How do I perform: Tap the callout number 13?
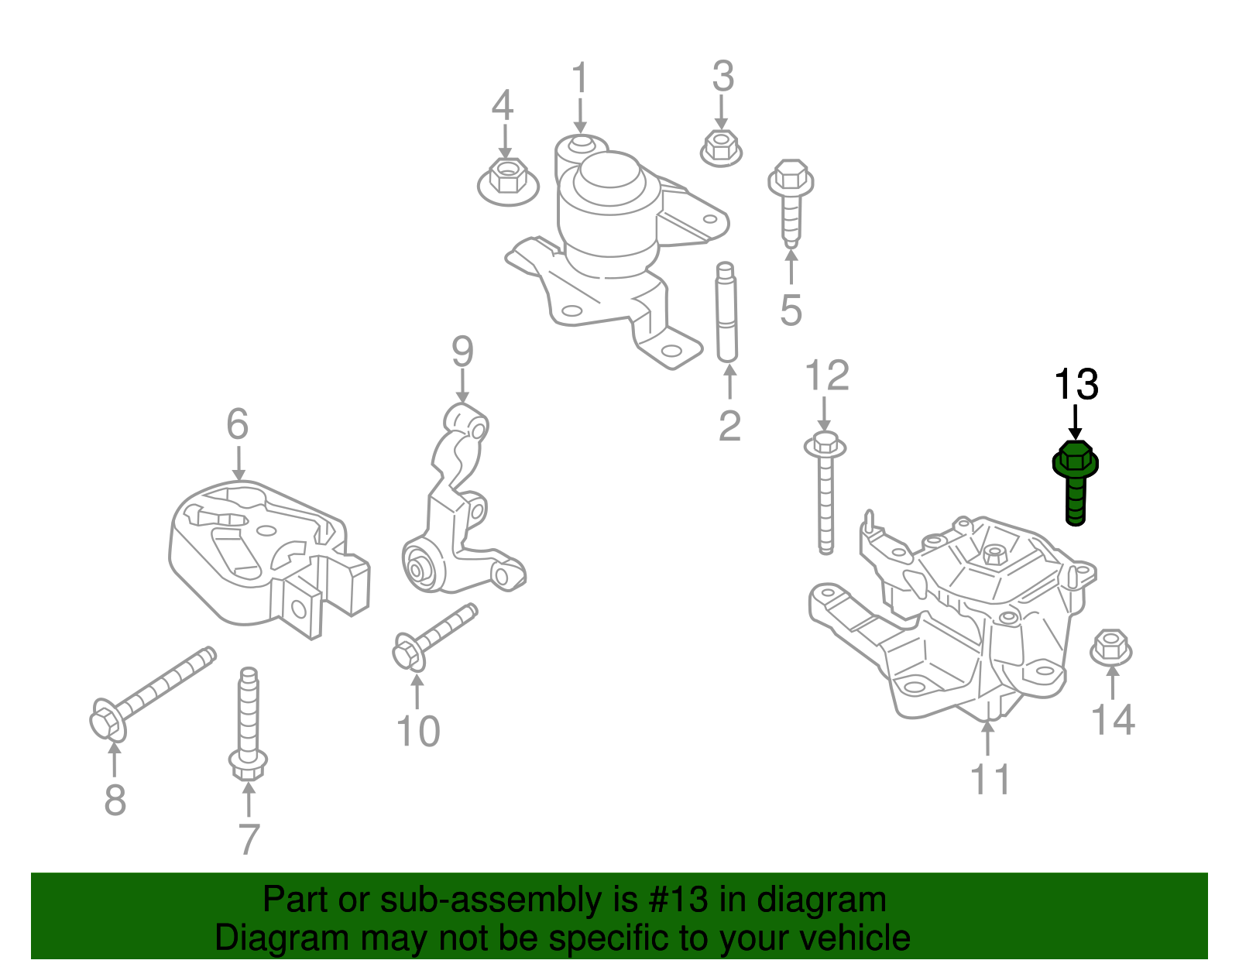[x=1076, y=384]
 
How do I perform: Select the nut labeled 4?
[x=506, y=180]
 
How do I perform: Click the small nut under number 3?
[x=721, y=147]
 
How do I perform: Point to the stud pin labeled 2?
[x=726, y=312]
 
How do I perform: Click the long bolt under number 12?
[x=825, y=496]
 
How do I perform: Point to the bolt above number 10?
[x=434, y=635]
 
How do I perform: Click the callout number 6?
[x=238, y=424]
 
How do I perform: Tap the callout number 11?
[x=990, y=779]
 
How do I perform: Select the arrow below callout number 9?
[x=462, y=386]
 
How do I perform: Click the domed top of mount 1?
[x=611, y=171]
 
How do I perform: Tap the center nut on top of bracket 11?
[x=994, y=554]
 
